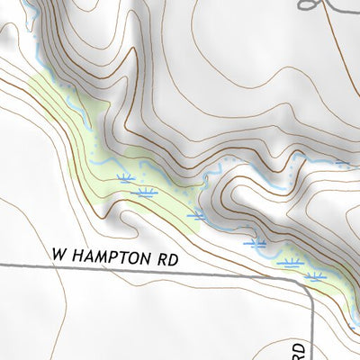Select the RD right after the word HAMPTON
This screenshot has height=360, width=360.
tap(168, 257)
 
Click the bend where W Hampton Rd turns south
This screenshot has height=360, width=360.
tap(307, 283)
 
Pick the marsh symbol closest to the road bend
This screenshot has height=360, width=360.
tap(314, 276)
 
